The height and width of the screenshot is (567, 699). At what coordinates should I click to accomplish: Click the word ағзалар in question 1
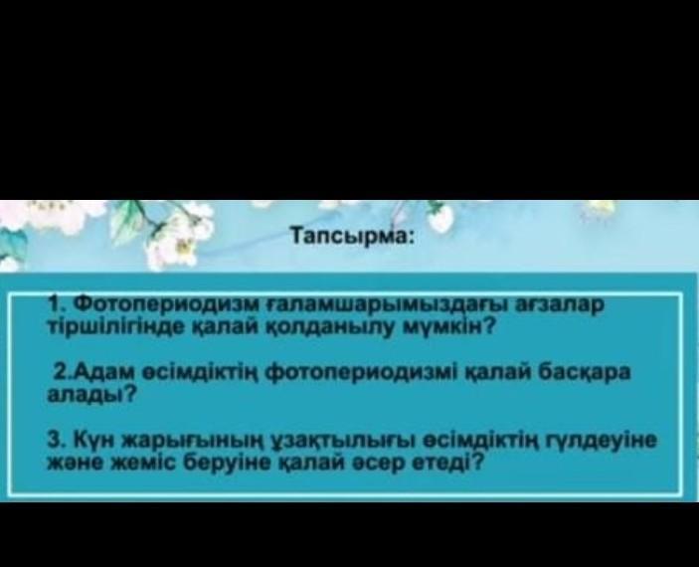pyautogui.click(x=559, y=305)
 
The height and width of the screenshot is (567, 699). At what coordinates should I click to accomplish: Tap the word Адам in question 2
pyautogui.click(x=99, y=372)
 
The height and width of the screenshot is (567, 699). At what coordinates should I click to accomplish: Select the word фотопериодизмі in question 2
pyautogui.click(x=361, y=372)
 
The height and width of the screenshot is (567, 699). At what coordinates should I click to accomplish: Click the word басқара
pyautogui.click(x=585, y=372)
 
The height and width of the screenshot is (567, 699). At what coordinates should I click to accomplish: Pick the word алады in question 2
pyautogui.click(x=86, y=395)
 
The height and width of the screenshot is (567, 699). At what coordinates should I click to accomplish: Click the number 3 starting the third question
pyautogui.click(x=55, y=441)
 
